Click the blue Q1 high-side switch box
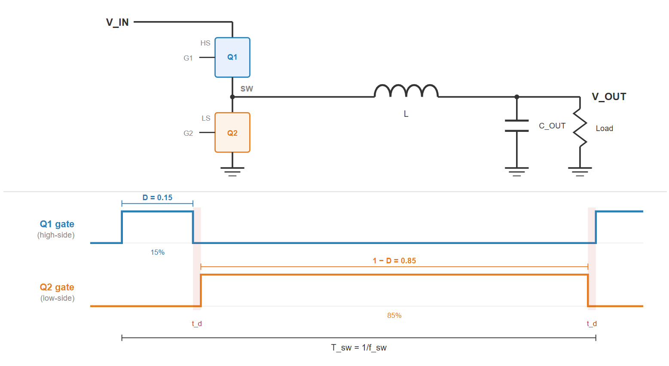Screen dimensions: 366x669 pyautogui.click(x=232, y=58)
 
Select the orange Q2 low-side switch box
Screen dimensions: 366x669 pyautogui.click(x=232, y=133)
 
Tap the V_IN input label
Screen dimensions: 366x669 pyautogui.click(x=117, y=22)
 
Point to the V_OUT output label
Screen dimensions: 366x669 pyautogui.click(x=609, y=97)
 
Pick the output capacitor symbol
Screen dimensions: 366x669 pyautogui.click(x=516, y=126)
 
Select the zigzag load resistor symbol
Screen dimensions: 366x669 pyautogui.click(x=580, y=128)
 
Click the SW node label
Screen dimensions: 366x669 pyautogui.click(x=247, y=89)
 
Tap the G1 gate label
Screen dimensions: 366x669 pyautogui.click(x=188, y=58)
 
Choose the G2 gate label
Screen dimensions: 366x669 pyautogui.click(x=188, y=133)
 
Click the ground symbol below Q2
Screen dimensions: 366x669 pyautogui.click(x=232, y=171)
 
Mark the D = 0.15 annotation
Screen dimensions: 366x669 pyautogui.click(x=157, y=198)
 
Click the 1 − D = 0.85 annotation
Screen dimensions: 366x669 pyautogui.click(x=394, y=261)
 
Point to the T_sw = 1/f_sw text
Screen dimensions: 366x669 pyautogui.click(x=359, y=348)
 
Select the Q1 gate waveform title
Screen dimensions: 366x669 pyautogui.click(x=57, y=224)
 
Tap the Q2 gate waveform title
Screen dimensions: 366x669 pyautogui.click(x=57, y=287)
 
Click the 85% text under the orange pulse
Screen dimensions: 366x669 pyautogui.click(x=394, y=315)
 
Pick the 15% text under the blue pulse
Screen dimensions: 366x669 pyautogui.click(x=157, y=252)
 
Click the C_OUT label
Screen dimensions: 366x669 pyautogui.click(x=552, y=126)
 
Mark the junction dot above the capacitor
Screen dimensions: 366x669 pyautogui.click(x=516, y=97)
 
